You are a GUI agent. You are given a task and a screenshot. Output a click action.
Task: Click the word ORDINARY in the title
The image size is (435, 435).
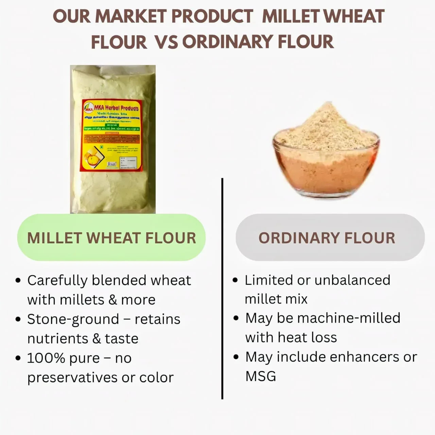[x=227, y=42]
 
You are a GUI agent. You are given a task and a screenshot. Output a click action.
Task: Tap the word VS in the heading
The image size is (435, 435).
[x=166, y=42]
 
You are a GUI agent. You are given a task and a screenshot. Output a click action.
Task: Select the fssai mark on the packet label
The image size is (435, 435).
[x=111, y=164]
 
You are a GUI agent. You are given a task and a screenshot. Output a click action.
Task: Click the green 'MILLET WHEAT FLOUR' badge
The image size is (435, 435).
[x=111, y=238]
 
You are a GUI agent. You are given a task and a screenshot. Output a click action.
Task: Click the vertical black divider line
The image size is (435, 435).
[x=222, y=289]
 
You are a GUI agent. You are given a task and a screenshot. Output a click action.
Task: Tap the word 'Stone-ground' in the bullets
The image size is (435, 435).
[x=73, y=319]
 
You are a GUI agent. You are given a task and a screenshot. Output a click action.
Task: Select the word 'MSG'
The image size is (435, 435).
[x=261, y=376]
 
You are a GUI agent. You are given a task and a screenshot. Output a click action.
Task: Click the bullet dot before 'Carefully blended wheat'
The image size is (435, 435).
[x=18, y=281]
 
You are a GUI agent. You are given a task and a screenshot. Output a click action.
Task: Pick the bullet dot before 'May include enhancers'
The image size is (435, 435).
[x=236, y=357]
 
